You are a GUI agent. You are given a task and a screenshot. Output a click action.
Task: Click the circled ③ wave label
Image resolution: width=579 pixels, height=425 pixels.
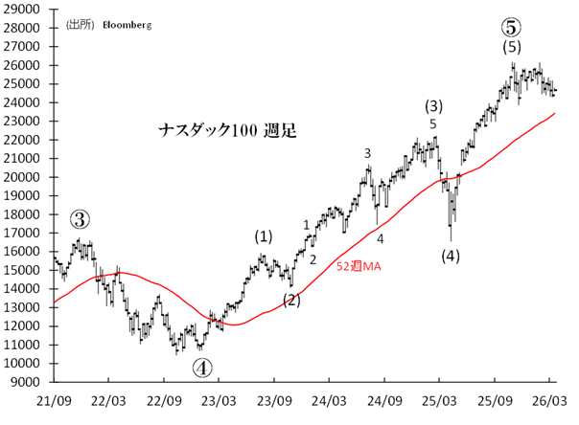point(80,219)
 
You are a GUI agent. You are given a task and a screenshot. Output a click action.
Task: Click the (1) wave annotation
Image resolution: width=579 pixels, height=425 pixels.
point(263,235)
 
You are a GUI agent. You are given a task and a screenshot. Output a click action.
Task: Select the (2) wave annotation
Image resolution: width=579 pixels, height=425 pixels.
point(291,300)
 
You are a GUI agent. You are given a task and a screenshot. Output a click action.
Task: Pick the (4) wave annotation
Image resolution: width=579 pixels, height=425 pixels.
point(450,255)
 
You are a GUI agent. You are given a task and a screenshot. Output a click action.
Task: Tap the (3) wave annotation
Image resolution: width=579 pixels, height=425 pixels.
point(433,105)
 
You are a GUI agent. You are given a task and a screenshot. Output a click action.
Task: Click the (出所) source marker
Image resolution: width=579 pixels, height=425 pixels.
point(80,25)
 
